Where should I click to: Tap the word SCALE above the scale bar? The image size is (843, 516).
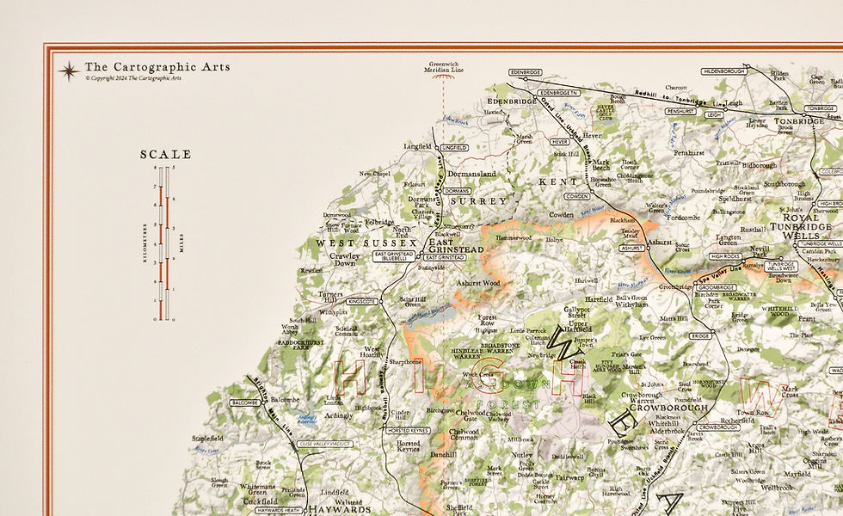[166, 155]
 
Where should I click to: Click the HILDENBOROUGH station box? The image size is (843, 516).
[722, 71]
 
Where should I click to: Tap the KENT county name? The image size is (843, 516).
[553, 182]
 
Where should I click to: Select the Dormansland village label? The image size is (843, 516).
[472, 174]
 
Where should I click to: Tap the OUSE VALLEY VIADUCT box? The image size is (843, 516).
[326, 444]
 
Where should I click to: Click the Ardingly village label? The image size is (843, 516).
[337, 416]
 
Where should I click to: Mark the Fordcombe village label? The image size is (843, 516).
[683, 218]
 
